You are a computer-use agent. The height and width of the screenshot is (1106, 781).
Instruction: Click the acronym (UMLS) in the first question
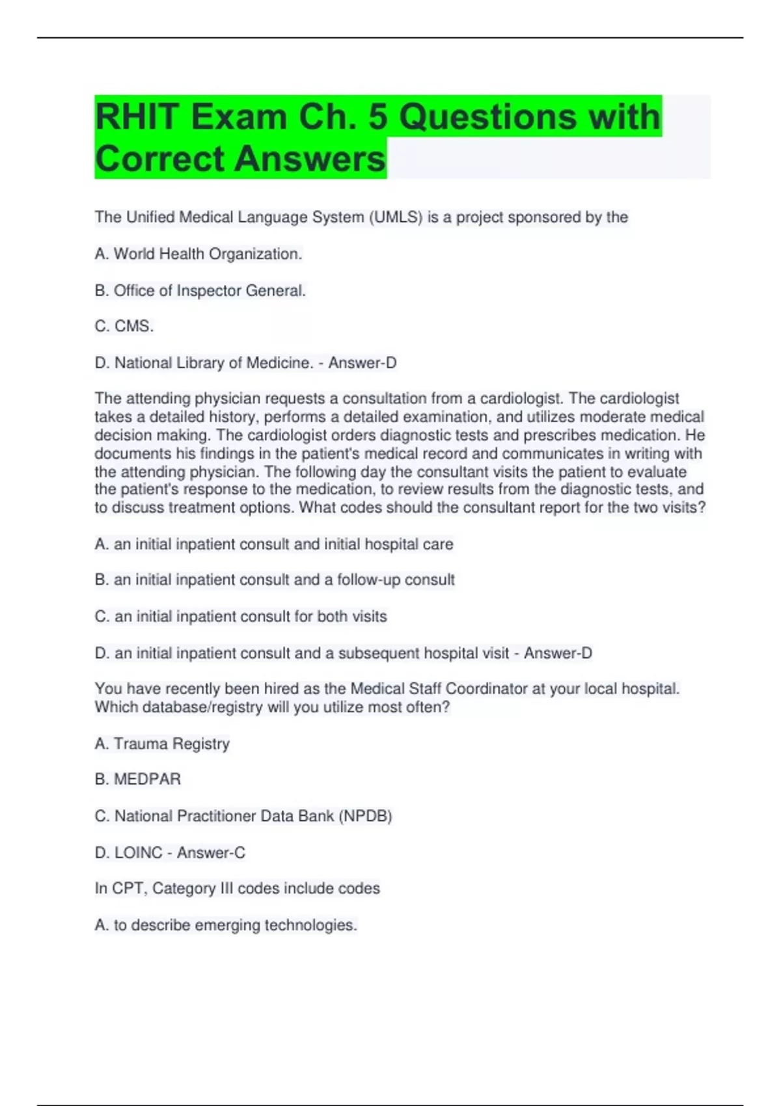396,217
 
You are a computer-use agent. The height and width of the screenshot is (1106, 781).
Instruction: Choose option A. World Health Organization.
199,254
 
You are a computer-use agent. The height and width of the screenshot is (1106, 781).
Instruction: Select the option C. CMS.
124,326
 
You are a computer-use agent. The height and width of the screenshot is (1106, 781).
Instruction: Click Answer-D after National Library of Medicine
363,363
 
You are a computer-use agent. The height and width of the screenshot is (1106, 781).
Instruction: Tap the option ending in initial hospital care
274,544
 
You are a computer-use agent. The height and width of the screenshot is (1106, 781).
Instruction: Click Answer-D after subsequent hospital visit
558,653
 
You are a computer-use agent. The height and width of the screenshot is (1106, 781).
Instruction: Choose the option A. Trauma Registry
162,744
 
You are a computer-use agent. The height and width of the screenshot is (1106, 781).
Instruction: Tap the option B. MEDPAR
138,779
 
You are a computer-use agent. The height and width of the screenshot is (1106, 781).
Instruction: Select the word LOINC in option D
138,852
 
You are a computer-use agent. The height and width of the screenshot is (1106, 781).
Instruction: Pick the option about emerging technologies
226,925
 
